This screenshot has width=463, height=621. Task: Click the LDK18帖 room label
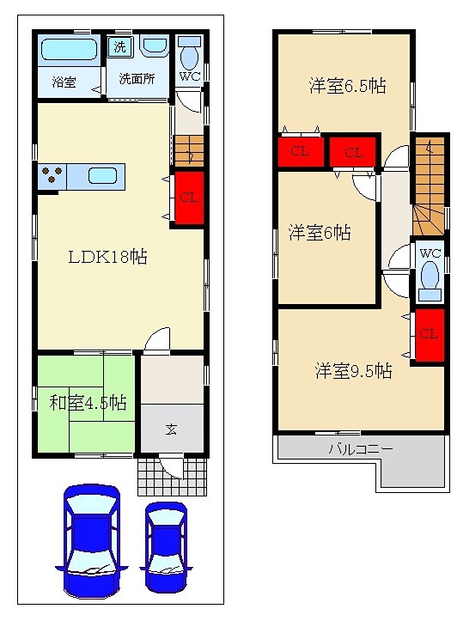107,257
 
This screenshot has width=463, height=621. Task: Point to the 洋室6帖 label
319,232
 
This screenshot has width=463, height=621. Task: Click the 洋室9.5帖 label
353,371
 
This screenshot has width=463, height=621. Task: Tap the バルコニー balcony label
360,449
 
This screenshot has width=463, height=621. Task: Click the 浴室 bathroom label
64,82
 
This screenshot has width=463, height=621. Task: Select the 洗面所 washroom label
137,79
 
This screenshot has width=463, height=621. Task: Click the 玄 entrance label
172,429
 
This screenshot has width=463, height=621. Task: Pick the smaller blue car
165,547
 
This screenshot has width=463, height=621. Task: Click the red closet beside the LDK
189,198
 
